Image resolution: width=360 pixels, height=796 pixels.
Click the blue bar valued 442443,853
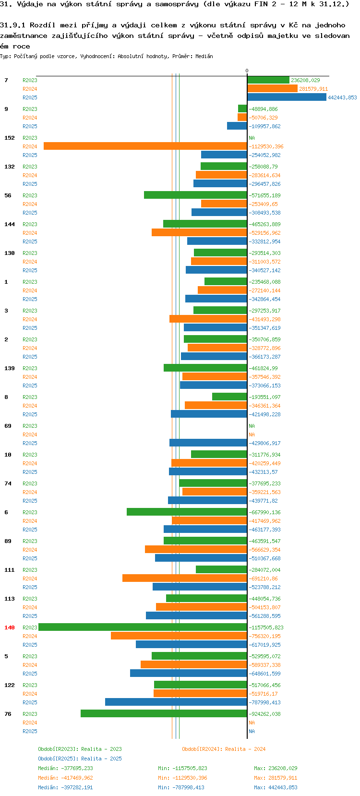pos(287,97)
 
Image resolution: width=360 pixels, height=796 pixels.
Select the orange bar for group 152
pos(145,146)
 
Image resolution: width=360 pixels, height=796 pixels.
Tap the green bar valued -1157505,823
pos(143,627)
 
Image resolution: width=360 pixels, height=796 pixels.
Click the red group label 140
pos(10,627)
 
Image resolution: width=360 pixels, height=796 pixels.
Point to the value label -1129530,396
pos(266,146)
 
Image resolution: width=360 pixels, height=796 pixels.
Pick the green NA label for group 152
pos(252,138)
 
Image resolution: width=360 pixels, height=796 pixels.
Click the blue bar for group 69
pos(208,443)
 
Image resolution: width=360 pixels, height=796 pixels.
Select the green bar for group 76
pos(164,713)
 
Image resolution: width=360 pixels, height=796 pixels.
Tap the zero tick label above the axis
pos(247,71)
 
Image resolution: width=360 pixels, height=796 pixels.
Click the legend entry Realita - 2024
pos(224,749)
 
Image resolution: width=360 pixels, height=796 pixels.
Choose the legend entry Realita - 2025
pos(80,759)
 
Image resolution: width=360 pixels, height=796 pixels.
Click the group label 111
pos(10,570)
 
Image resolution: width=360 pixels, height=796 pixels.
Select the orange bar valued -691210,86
pos(185,578)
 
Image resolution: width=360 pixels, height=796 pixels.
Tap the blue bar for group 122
pos(176,702)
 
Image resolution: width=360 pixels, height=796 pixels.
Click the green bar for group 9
pos(242,109)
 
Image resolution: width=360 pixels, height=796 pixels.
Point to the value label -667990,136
pos(264,512)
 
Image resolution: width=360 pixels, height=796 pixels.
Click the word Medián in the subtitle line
pos(204,56)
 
